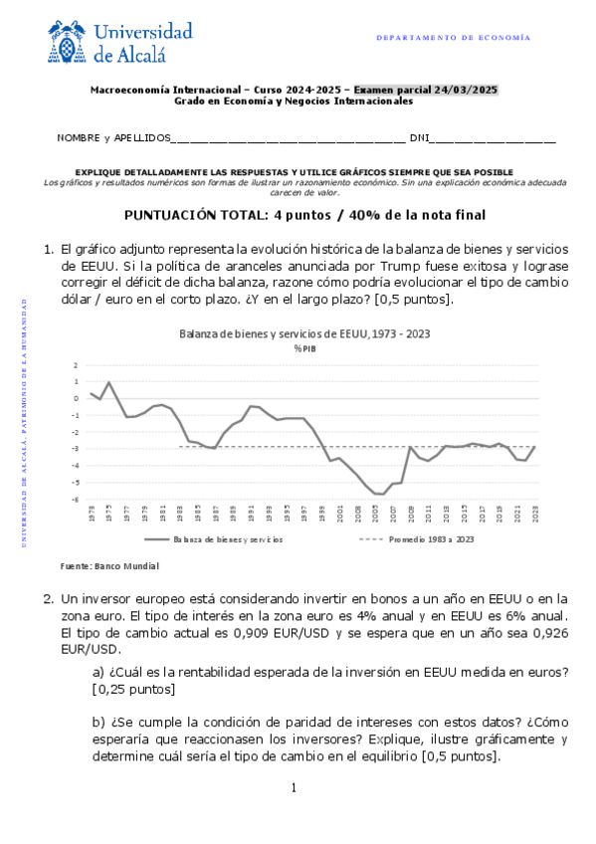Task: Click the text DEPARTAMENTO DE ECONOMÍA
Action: [x=454, y=38]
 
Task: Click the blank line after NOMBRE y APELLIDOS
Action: [x=289, y=138]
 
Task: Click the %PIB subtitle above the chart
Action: [x=303, y=347]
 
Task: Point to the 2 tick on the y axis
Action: [x=75, y=365]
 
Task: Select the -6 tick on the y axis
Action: [x=75, y=500]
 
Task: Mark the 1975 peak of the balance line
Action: [x=108, y=382]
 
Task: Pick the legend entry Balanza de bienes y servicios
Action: [x=214, y=539]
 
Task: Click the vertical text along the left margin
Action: [x=23, y=417]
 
